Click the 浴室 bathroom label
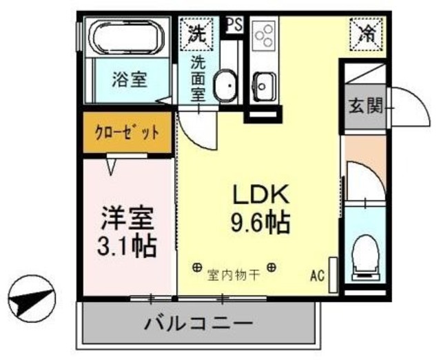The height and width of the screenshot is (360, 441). [x=129, y=79]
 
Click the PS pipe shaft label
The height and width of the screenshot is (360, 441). [x=234, y=25]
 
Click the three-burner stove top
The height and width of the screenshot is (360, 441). [x=263, y=39]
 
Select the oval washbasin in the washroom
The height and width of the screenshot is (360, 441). [x=224, y=86]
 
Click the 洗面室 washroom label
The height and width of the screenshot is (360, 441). [x=198, y=78]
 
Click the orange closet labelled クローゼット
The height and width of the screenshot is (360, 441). [x=127, y=132]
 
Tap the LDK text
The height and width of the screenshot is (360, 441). [x=258, y=194]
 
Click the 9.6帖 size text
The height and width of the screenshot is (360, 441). [x=260, y=222]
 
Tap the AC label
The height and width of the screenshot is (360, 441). [x=317, y=276]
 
